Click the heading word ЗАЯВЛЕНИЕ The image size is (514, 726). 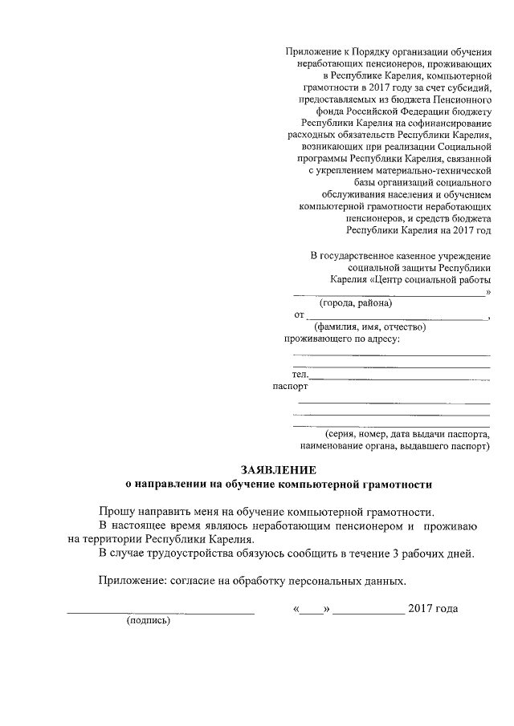click(279, 469)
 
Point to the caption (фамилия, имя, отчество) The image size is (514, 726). click(369, 327)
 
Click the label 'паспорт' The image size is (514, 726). click(290, 387)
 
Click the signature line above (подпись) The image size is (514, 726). click(160, 613)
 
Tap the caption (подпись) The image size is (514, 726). click(149, 621)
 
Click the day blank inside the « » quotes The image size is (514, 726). click(311, 610)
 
